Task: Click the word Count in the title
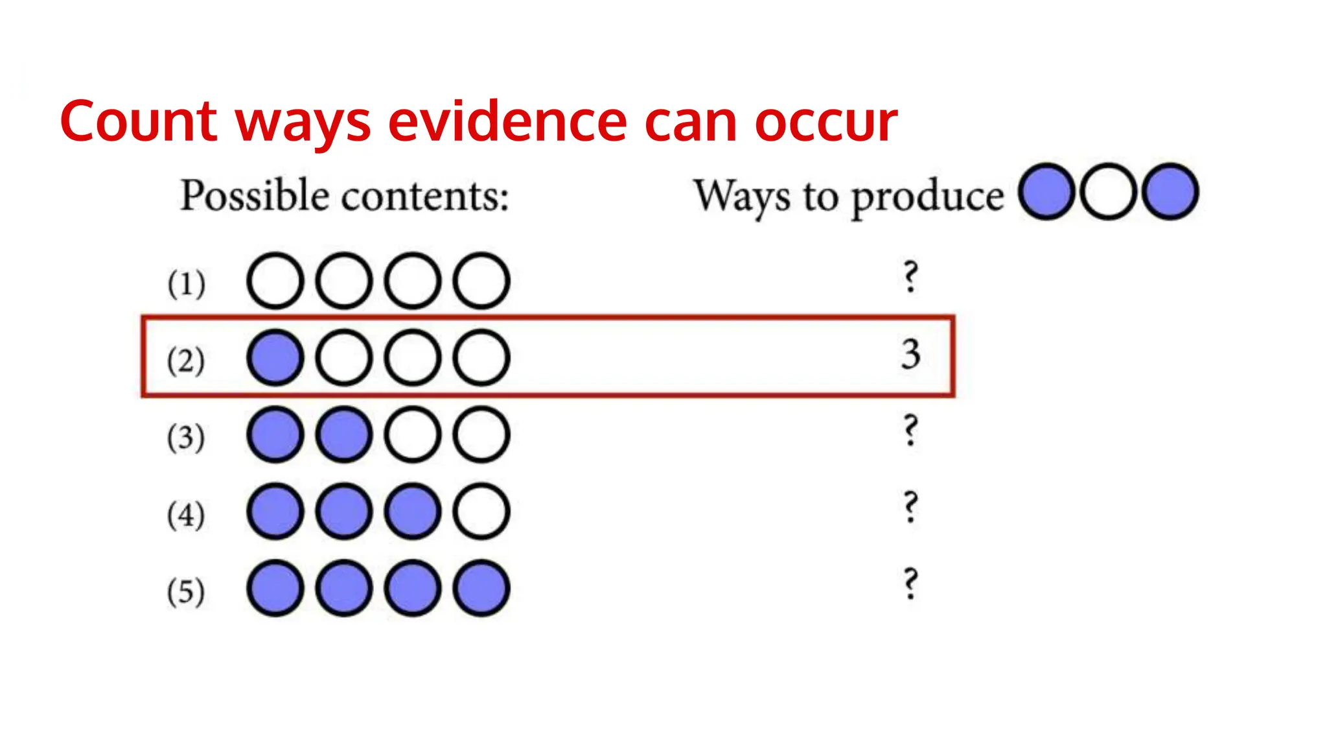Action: pyautogui.click(x=138, y=121)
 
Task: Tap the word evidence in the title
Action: pyautogui.click(x=507, y=121)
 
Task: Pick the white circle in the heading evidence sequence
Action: pyautogui.click(x=1108, y=192)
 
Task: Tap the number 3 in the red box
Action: pyautogui.click(x=911, y=355)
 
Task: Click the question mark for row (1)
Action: pyautogui.click(x=910, y=277)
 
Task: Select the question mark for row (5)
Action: pyautogui.click(x=910, y=584)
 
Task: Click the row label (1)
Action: pyautogui.click(x=187, y=283)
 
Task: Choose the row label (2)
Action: pyautogui.click(x=186, y=361)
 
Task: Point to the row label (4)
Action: pyautogui.click(x=186, y=515)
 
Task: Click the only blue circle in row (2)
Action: pyautogui.click(x=275, y=358)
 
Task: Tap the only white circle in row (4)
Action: pyautogui.click(x=481, y=512)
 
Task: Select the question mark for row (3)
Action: pyautogui.click(x=910, y=431)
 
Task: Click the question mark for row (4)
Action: pyautogui.click(x=910, y=507)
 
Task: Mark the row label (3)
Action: pyautogui.click(x=186, y=438)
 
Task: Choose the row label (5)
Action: pyautogui.click(x=186, y=591)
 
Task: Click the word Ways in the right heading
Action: pyautogui.click(x=742, y=196)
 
